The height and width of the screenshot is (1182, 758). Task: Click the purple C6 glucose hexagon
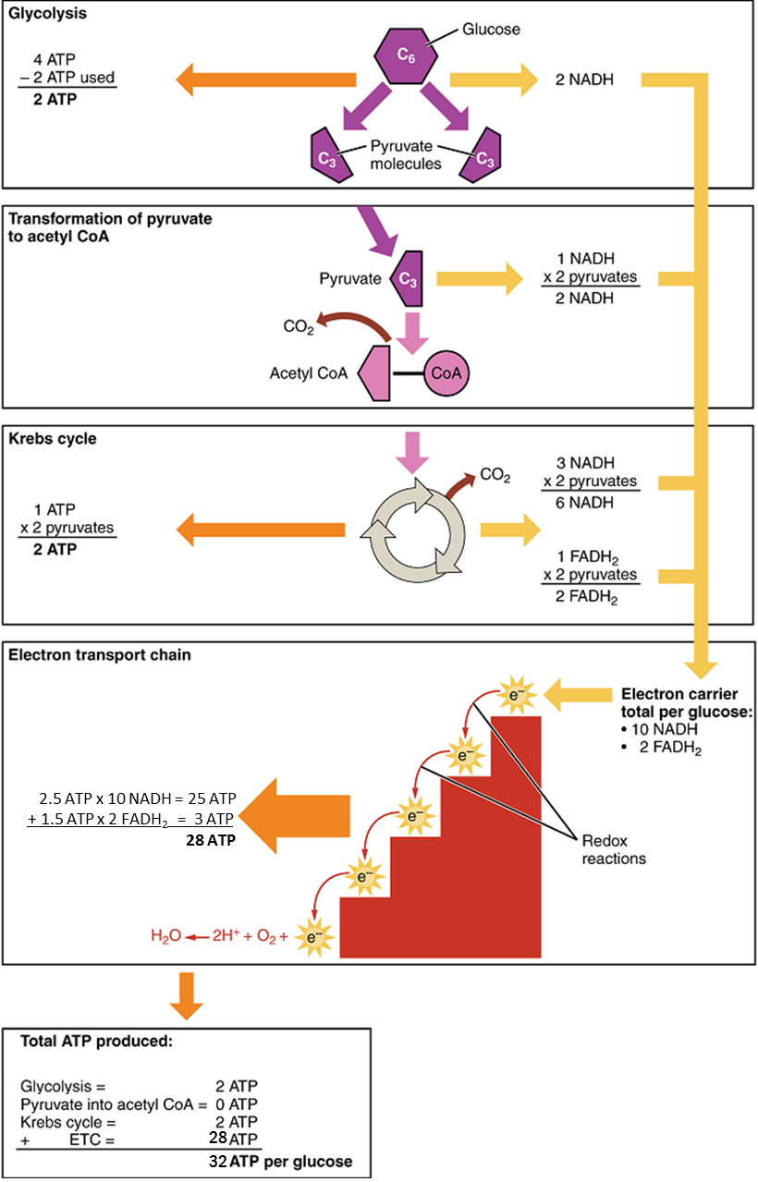pyautogui.click(x=403, y=55)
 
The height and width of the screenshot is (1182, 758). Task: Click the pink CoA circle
pyautogui.click(x=446, y=373)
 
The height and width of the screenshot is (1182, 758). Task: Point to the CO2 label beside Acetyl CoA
pyautogui.click(x=299, y=326)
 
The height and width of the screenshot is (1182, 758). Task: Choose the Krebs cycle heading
pyautogui.click(x=52, y=439)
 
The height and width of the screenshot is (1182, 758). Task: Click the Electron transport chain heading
pyautogui.click(x=87, y=655)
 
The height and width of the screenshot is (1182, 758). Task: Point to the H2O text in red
pyautogui.click(x=165, y=935)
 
